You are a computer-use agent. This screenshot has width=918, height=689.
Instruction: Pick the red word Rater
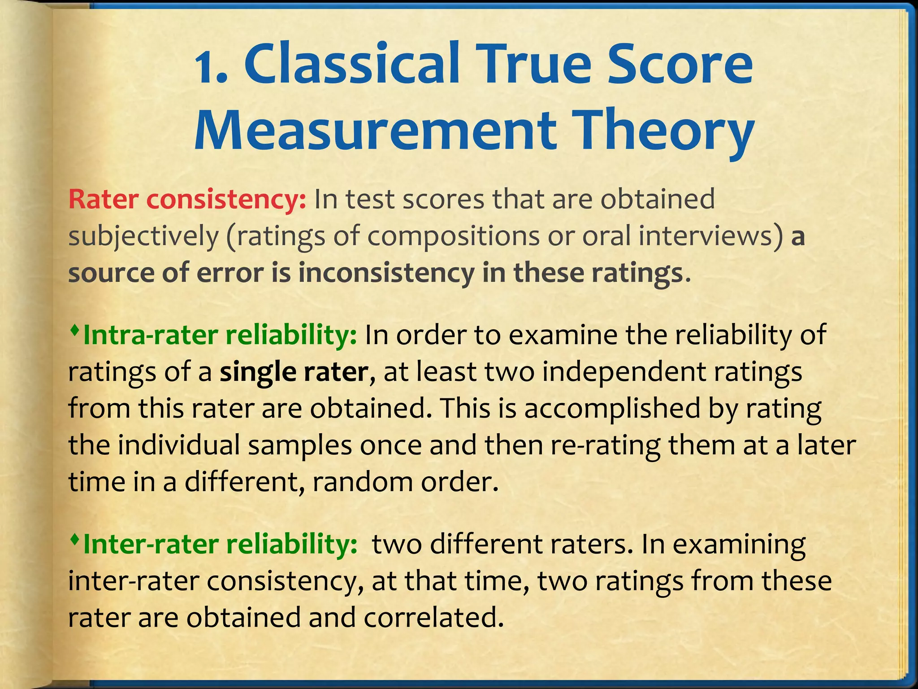click(x=103, y=199)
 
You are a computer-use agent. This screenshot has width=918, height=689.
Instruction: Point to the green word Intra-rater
click(x=150, y=335)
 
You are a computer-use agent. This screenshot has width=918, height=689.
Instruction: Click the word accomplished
click(x=612, y=410)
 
